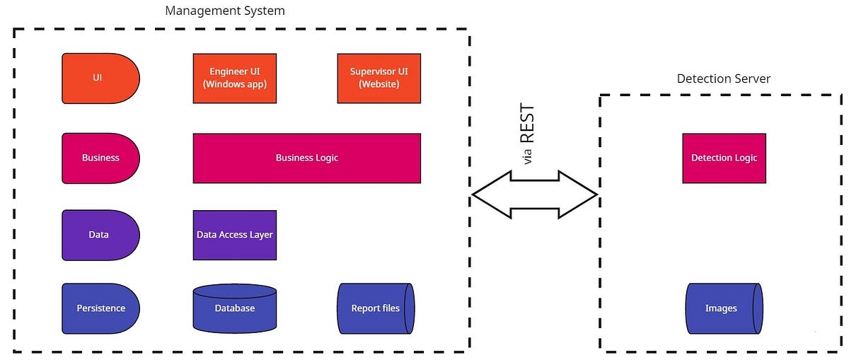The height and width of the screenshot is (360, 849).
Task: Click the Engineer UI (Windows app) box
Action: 234,78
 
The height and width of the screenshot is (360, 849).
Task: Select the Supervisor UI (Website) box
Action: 379,78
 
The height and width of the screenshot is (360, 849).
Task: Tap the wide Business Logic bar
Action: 306,158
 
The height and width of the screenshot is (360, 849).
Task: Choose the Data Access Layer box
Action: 234,235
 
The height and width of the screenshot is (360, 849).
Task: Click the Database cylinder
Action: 234,308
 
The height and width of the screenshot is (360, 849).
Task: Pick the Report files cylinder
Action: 376,308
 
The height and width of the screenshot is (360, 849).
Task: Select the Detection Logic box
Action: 724,158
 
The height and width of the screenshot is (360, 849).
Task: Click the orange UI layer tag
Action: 100,78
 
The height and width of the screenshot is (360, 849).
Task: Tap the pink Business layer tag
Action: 100,158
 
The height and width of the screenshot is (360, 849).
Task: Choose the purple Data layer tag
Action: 100,234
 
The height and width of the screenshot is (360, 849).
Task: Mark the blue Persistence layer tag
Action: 100,308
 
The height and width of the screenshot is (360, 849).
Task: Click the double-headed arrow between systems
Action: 535,194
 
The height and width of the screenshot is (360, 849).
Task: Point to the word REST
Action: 527,124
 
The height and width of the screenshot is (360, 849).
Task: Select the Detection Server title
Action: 723,79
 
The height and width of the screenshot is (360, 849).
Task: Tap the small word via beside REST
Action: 527,158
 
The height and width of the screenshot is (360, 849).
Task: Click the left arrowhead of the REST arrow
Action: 485,194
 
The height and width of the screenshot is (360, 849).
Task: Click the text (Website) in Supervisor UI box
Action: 379,84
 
